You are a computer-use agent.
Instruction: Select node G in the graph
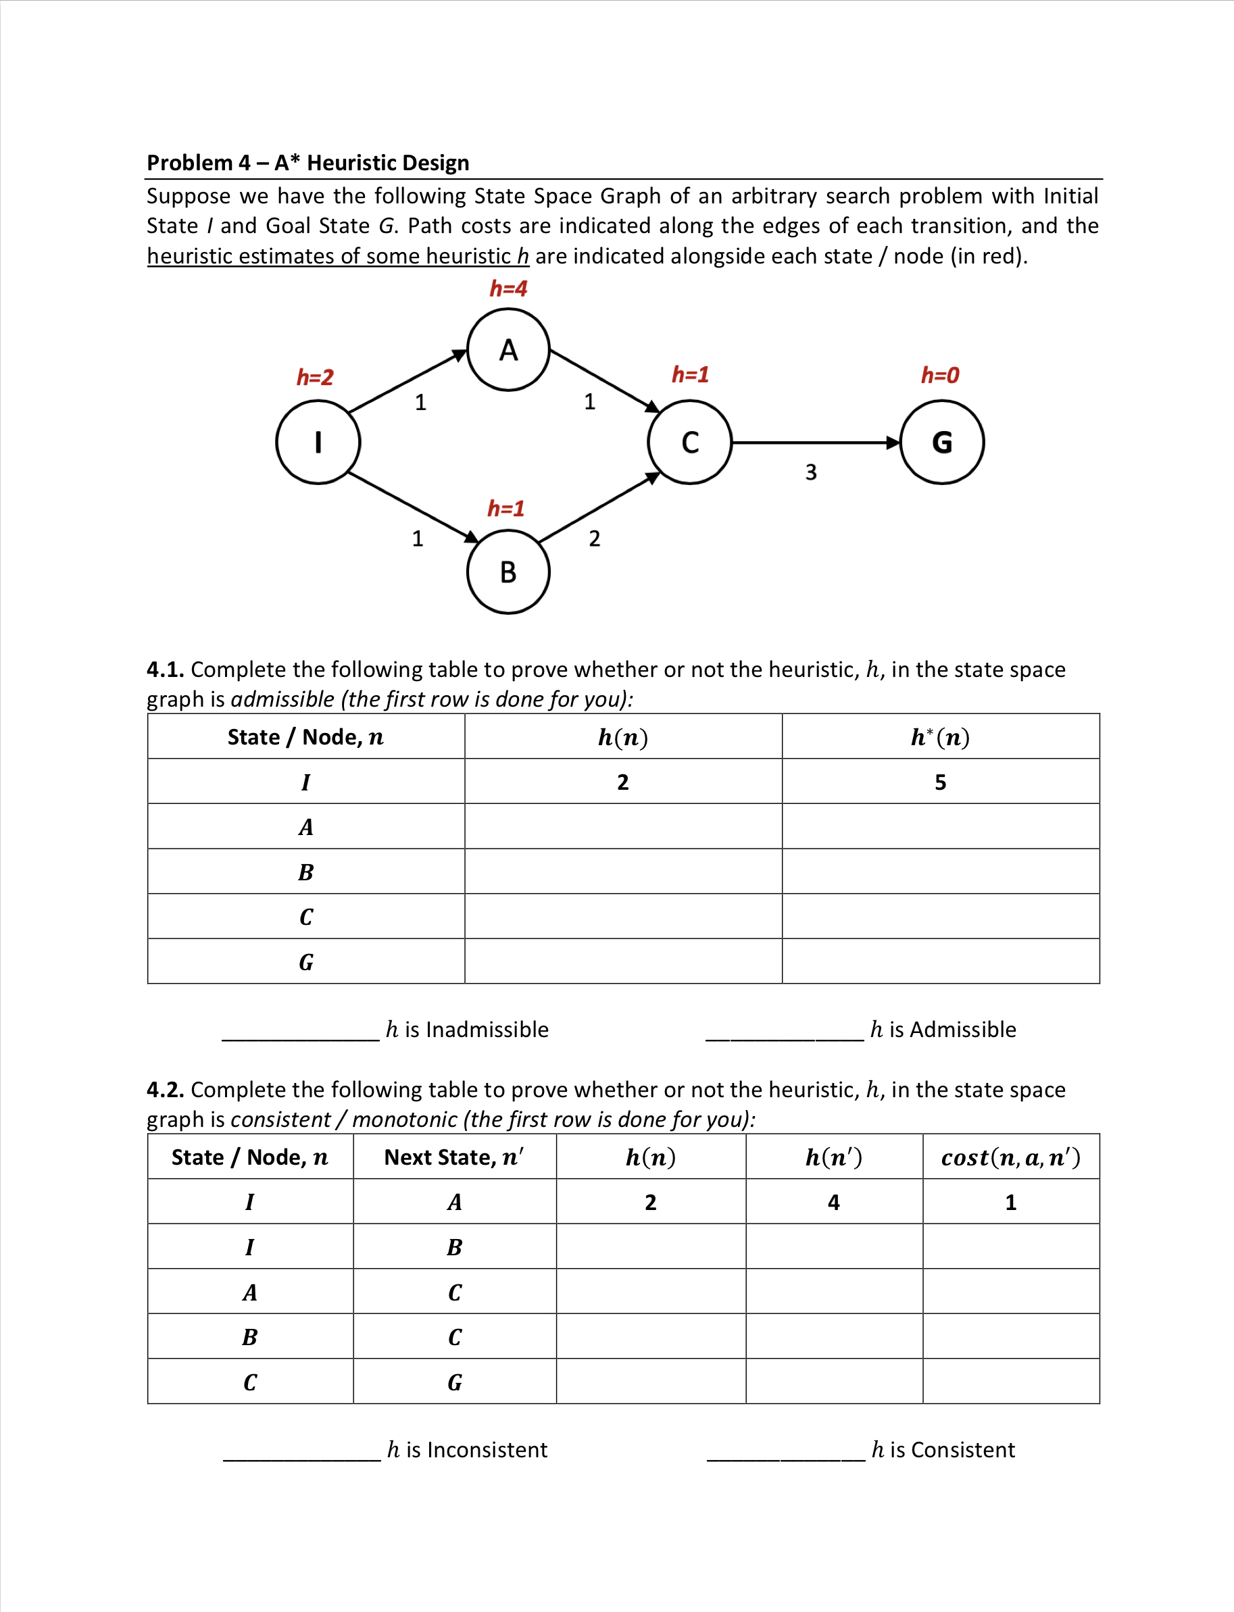tap(941, 442)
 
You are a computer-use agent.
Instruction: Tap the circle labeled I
tap(318, 442)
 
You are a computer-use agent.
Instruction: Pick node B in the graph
tap(508, 572)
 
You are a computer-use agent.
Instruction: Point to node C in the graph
tap(690, 442)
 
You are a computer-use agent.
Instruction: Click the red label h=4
tap(508, 288)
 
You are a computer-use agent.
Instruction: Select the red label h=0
tap(940, 375)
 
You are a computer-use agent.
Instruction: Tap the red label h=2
tap(315, 378)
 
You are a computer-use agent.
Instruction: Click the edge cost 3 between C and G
tap(811, 472)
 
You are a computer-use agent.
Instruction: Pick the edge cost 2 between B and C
tap(594, 539)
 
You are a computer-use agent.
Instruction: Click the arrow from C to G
tap(815, 443)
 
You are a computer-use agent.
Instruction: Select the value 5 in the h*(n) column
tap(940, 782)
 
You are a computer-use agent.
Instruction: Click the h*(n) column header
tap(940, 736)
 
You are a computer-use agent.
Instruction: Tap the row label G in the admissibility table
tap(306, 962)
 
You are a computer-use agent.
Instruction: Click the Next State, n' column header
tap(454, 1157)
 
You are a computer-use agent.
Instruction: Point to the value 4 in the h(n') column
tap(834, 1202)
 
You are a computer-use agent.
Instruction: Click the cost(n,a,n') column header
tap(1011, 1157)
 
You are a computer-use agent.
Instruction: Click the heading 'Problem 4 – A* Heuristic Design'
tap(307, 162)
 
